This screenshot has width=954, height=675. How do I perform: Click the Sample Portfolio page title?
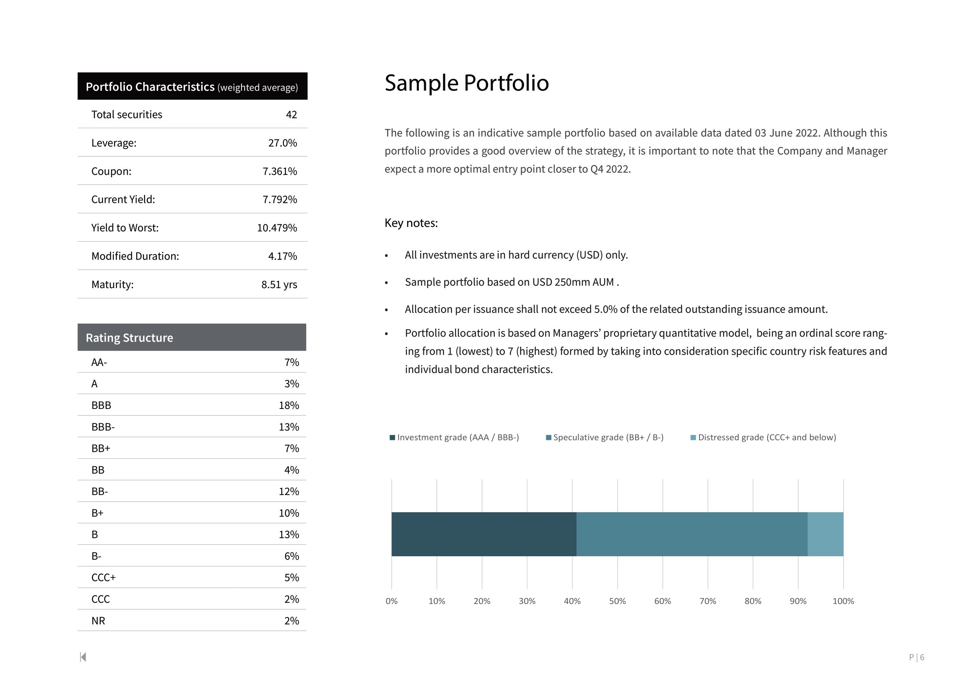(x=466, y=83)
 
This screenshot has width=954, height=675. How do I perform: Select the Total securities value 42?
(x=291, y=115)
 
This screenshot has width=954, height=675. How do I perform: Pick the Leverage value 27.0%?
(x=283, y=143)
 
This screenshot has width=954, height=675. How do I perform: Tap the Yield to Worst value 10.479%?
(x=277, y=228)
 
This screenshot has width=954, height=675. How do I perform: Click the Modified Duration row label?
(x=135, y=256)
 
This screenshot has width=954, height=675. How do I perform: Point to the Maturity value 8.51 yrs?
(x=279, y=285)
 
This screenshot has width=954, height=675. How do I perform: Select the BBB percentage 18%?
(x=289, y=405)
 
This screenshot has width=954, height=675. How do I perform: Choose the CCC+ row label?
(x=104, y=577)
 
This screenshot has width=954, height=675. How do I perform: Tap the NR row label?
(x=98, y=621)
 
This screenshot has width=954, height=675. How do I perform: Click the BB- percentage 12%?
(x=289, y=491)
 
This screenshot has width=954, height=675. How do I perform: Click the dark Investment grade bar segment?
(x=484, y=534)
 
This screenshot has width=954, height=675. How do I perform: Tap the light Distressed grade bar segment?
(x=825, y=534)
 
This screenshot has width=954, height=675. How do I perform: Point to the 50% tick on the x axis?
(x=618, y=601)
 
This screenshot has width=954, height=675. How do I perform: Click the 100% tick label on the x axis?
(x=843, y=601)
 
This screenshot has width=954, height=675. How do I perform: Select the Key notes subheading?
(x=411, y=223)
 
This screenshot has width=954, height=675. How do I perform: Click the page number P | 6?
(x=916, y=657)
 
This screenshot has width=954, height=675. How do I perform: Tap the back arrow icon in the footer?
(x=83, y=657)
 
